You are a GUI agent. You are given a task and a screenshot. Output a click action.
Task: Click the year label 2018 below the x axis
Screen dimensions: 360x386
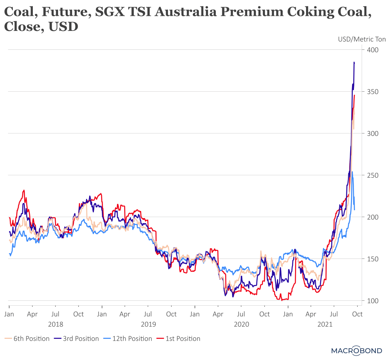pyautogui.click(x=55, y=324)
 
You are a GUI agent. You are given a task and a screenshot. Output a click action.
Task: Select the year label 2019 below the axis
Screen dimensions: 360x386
pyautogui.click(x=148, y=324)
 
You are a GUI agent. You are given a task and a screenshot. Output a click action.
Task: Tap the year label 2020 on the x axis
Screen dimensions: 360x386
pyautogui.click(x=241, y=324)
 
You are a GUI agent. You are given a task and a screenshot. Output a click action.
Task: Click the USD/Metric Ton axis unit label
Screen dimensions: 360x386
pyautogui.click(x=361, y=39)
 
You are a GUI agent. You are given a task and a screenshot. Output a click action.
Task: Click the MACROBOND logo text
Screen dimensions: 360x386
pyautogui.click(x=356, y=351)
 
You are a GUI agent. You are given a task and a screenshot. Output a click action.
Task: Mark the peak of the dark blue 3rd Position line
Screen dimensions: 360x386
pyautogui.click(x=354, y=62)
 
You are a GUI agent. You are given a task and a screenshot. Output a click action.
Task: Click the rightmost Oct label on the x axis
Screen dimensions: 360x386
pyautogui.click(x=357, y=314)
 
